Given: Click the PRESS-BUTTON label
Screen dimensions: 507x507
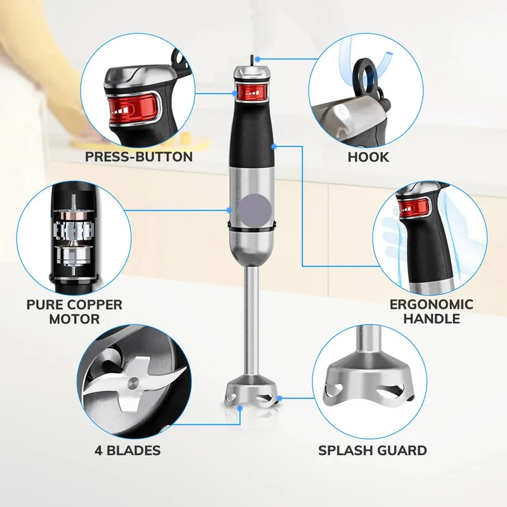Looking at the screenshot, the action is [139, 157].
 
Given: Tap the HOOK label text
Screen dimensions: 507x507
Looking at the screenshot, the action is [368, 157].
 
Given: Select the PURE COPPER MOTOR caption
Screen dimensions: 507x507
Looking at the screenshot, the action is [74, 312].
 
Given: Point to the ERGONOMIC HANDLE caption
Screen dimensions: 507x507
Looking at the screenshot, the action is [432, 311].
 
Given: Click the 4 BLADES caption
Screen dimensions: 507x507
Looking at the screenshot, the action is [127, 451].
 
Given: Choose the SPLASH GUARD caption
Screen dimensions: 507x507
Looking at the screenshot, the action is [373, 451].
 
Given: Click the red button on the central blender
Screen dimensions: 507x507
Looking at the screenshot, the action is [252, 92].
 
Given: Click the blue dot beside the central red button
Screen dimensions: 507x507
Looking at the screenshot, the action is [234, 93].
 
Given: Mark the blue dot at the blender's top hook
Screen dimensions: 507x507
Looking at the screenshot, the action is [257, 59].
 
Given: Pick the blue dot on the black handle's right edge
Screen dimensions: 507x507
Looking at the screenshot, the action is [274, 146].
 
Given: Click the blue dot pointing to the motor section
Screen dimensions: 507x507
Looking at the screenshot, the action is [229, 210].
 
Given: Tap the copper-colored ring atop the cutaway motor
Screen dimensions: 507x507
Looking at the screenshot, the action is [73, 215].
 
